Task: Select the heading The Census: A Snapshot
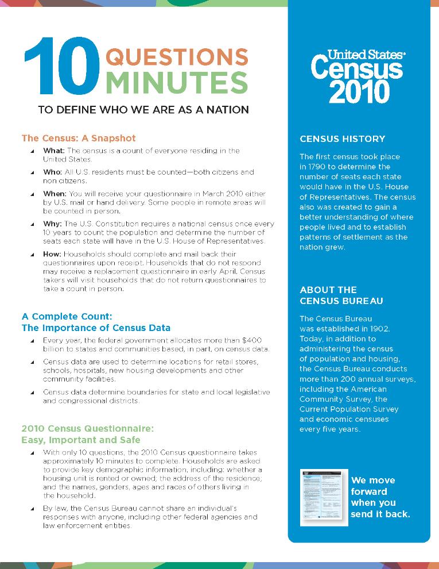79,138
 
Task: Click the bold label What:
55,151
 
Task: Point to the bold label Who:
53,172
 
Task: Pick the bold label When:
56,194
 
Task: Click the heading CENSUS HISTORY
343,139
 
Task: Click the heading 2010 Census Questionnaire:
88,428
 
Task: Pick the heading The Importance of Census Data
96,328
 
